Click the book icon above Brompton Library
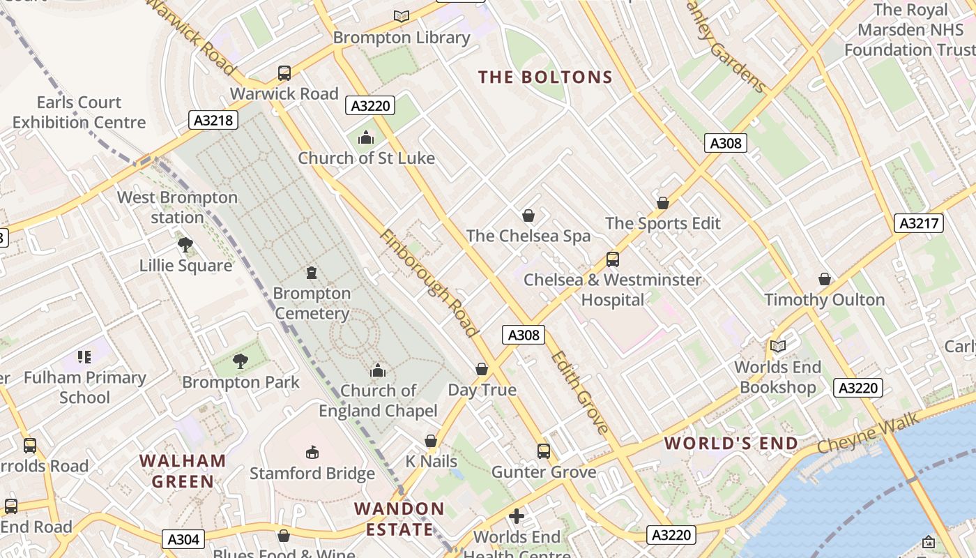(401, 16)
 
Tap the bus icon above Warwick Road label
(284, 73)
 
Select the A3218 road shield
(213, 120)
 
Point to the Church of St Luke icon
(366, 138)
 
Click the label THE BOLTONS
(545, 77)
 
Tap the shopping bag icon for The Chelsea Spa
(528, 216)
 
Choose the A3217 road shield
(918, 223)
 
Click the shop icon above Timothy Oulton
(825, 279)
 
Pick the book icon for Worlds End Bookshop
(777, 346)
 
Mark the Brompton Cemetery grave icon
(312, 273)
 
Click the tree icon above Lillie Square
(185, 245)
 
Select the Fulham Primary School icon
(84, 357)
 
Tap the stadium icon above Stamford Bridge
(312, 453)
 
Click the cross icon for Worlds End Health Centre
(517, 516)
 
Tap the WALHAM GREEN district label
(183, 471)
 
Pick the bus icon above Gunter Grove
(544, 451)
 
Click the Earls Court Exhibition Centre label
(79, 112)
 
